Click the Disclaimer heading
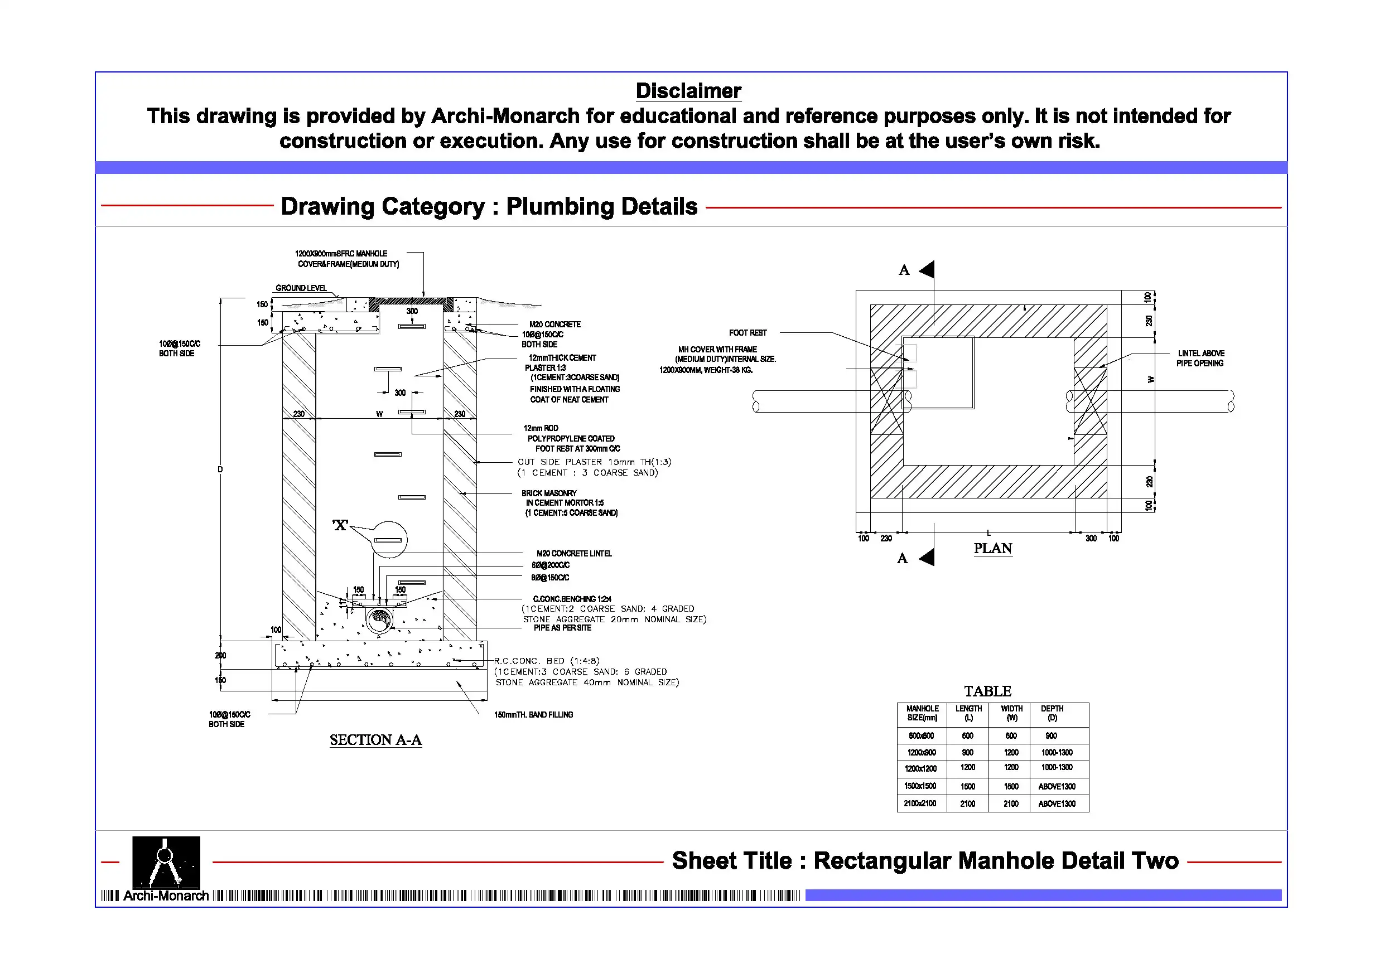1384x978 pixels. point(688,91)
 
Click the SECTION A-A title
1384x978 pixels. point(375,739)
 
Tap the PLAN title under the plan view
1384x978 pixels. point(992,548)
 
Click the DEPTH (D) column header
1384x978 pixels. point(1052,713)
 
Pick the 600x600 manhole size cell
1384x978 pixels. point(921,736)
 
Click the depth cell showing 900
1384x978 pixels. point(1052,736)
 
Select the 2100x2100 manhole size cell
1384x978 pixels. point(920,803)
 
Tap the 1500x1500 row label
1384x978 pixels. point(920,786)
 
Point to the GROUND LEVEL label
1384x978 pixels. point(301,288)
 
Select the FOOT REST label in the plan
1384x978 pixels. point(748,333)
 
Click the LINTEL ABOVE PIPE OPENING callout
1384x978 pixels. point(1200,358)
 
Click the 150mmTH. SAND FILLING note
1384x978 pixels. point(533,715)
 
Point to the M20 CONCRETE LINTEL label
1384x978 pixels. point(574,553)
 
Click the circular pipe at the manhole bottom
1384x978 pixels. point(380,618)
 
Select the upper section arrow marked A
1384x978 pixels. point(927,269)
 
